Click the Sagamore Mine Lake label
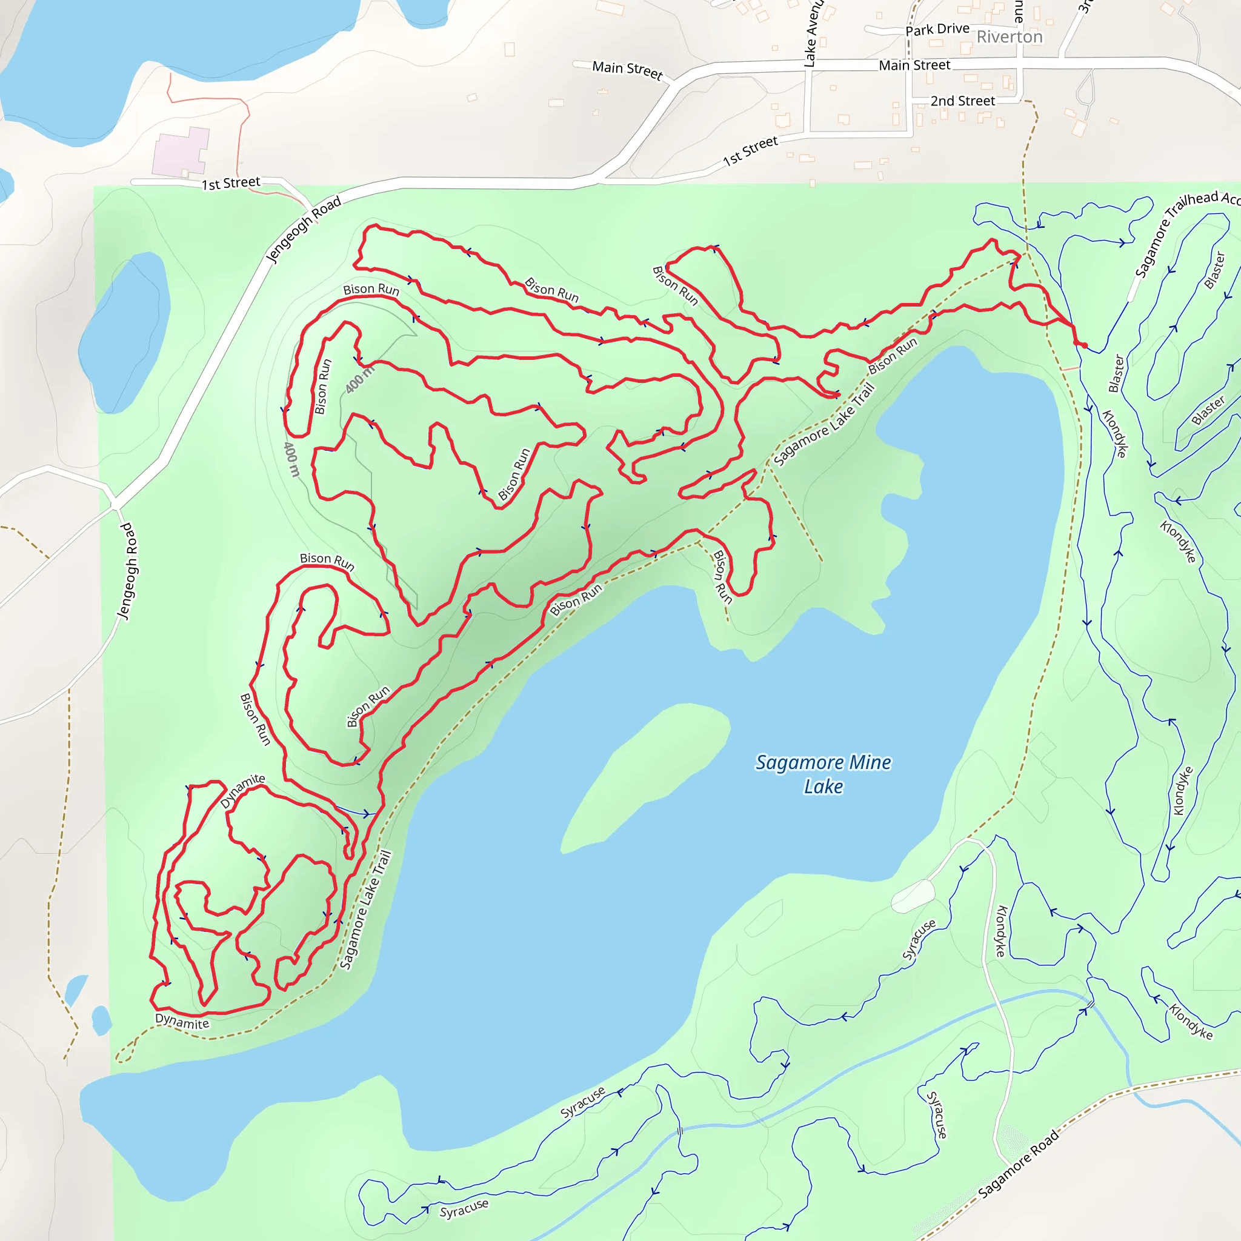[x=823, y=774]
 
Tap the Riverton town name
[x=1009, y=37]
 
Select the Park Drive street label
[x=937, y=30]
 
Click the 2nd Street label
[x=962, y=101]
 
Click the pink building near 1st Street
[x=181, y=151]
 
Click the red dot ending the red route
[x=1085, y=345]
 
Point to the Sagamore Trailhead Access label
[x=1185, y=231]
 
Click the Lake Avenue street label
[x=813, y=32]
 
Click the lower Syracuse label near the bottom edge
[x=464, y=1208]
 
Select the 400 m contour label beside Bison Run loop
[x=291, y=459]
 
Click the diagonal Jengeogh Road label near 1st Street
[x=303, y=230]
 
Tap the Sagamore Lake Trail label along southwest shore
[x=365, y=910]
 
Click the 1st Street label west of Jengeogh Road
[x=231, y=184]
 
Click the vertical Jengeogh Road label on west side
[x=127, y=571]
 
